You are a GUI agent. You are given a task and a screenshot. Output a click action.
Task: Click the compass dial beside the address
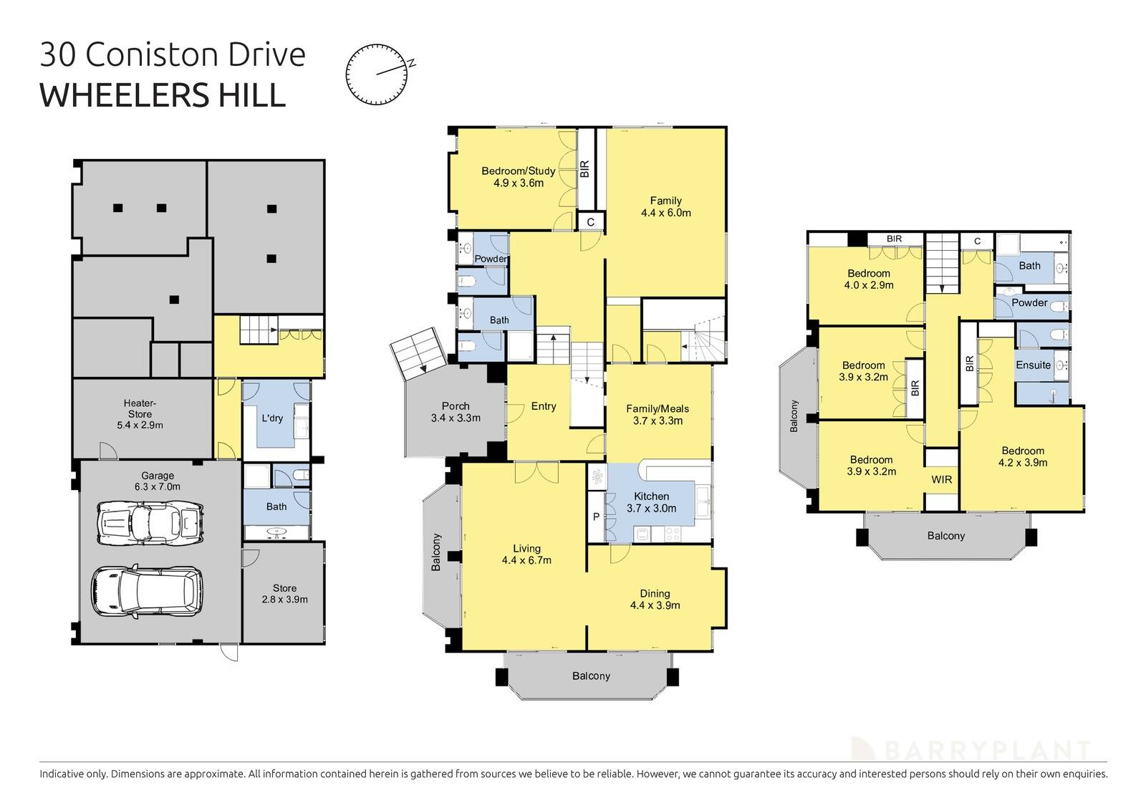click(375, 74)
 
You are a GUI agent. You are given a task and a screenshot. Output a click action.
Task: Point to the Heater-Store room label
click(140, 414)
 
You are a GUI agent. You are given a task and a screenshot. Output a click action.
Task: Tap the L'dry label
click(272, 418)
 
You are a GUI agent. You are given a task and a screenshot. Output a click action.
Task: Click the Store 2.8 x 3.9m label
click(284, 594)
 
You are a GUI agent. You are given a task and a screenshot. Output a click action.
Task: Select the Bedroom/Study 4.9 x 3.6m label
click(518, 177)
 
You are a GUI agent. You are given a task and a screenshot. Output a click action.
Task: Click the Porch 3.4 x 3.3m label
click(456, 412)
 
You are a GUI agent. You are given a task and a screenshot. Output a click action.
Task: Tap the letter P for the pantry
click(596, 516)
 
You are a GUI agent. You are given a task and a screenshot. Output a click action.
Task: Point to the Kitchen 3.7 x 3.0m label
click(651, 502)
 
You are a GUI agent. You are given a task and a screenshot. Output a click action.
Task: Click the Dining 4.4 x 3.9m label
click(655, 600)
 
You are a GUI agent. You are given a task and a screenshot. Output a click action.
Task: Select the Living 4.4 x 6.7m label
click(526, 555)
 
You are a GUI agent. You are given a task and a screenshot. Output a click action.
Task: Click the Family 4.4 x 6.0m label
click(665, 207)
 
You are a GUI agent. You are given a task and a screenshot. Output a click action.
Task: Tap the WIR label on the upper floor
click(942, 479)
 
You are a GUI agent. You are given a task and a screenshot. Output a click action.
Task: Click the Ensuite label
click(1033, 365)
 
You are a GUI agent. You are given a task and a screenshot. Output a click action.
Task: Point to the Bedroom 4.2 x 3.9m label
click(1023, 456)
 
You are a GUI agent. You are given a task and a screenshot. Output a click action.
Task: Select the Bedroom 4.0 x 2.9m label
click(869, 279)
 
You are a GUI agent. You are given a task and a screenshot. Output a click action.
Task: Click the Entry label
click(544, 406)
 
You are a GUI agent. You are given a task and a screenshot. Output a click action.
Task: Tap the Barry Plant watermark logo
click(971, 749)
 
